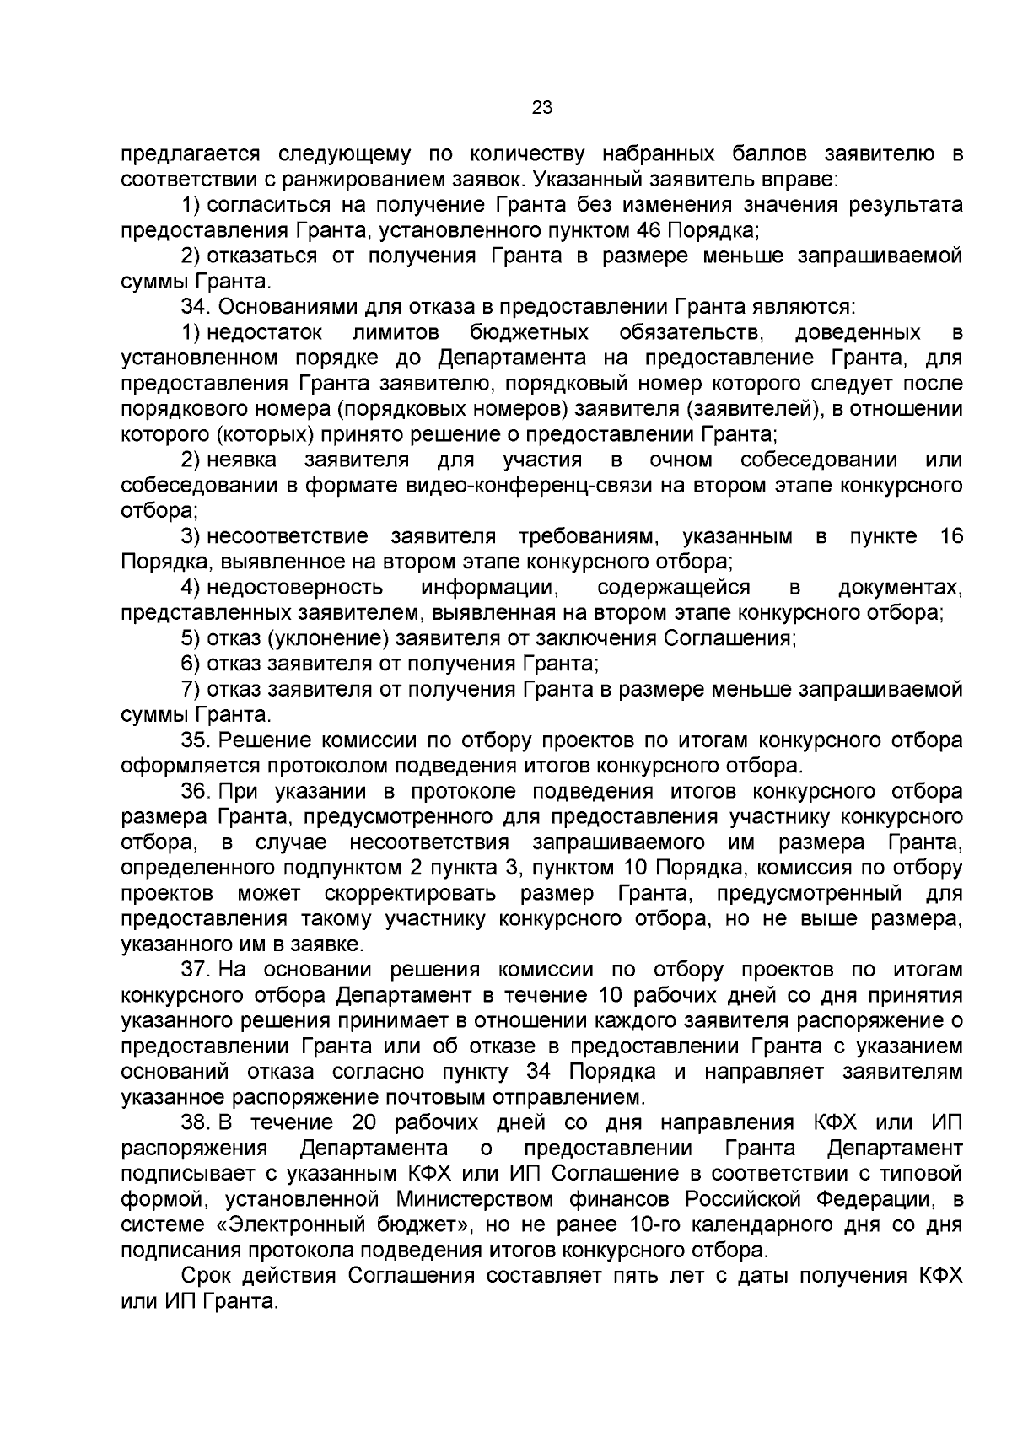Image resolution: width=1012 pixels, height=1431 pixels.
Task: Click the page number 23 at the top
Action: click(x=542, y=106)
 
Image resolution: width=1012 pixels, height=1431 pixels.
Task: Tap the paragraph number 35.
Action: click(x=195, y=740)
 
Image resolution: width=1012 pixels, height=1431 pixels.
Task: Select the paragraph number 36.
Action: click(x=195, y=792)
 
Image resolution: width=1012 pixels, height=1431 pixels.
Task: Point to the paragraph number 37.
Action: click(x=195, y=970)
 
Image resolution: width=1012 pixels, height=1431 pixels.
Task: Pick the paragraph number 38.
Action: click(x=195, y=1122)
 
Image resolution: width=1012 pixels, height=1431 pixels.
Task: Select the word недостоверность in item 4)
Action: click(x=294, y=588)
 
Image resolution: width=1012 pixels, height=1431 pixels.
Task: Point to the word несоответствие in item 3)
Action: click(x=288, y=537)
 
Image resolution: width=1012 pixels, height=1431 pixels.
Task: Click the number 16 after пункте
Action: click(x=950, y=537)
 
